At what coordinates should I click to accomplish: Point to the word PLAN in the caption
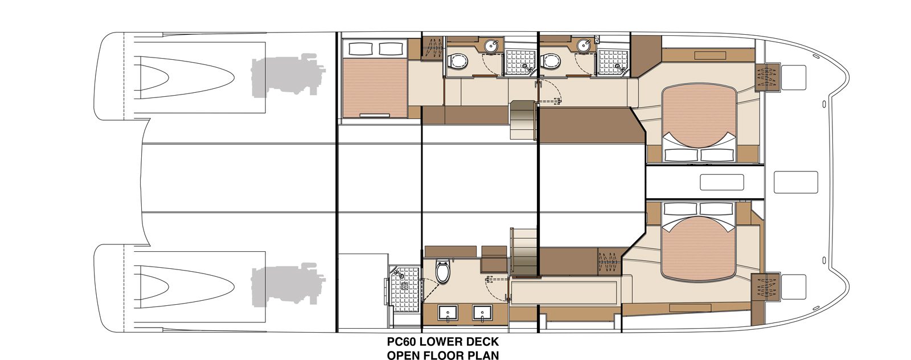coord(483,355)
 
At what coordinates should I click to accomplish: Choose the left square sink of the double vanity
coord(448,314)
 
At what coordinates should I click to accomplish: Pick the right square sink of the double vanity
coord(482,314)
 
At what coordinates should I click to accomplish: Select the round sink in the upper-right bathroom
coord(584,46)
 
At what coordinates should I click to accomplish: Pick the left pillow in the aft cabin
coord(359,49)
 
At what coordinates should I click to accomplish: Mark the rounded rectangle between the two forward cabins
coord(722,182)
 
